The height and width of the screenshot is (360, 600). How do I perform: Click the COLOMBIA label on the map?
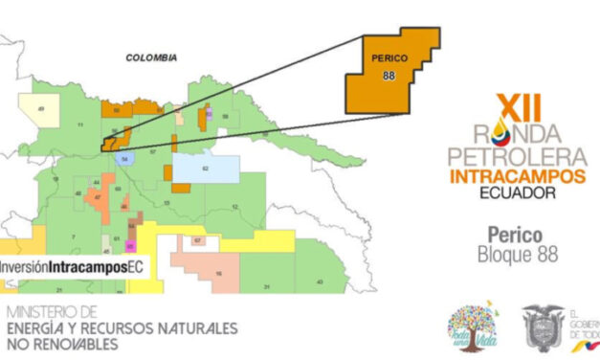click(152, 57)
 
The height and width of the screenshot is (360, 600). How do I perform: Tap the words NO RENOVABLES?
click(64, 343)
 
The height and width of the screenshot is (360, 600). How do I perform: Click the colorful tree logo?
click(471, 328)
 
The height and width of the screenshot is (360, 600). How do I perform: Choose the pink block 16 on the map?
click(215, 269)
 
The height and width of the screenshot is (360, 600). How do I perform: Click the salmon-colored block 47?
click(99, 199)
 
